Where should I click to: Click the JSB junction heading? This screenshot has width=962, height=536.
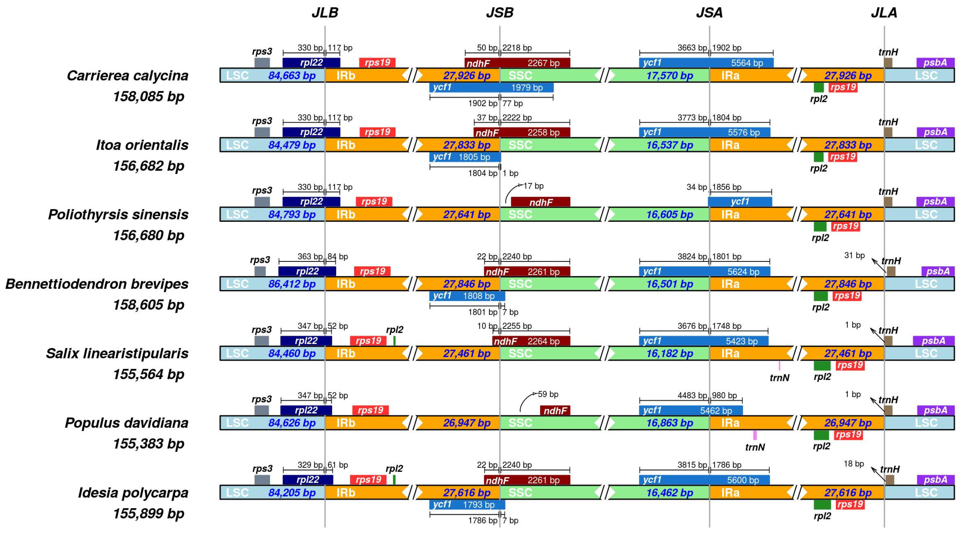499,13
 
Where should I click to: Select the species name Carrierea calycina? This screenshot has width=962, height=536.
127,76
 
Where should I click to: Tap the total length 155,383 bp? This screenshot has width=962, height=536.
148,444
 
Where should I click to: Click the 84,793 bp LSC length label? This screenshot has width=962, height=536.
292,215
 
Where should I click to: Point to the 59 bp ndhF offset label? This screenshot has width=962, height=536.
548,394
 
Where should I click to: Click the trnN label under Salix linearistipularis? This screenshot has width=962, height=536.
779,378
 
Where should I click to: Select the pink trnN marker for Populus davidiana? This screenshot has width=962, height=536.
755,435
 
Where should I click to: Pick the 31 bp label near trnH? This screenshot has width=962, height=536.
854,256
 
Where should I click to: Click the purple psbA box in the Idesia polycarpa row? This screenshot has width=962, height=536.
935,480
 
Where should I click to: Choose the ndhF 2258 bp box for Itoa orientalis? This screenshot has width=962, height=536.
522,132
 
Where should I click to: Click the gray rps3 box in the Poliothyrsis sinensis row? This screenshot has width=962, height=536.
262,202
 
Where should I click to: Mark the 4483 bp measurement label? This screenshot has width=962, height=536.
692,395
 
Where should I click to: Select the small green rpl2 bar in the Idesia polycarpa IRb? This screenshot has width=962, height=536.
394,480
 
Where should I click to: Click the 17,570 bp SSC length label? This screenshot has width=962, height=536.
670,76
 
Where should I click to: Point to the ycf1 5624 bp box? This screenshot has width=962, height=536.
704,271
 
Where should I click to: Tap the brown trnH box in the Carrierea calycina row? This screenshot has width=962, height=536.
888,62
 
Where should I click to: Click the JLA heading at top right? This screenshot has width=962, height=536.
884,13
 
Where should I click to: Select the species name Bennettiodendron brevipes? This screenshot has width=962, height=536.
97,284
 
